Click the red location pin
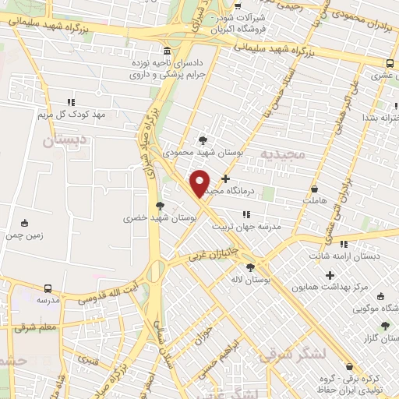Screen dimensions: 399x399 point(200,183)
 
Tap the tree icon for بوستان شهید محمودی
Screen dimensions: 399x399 point(203,140)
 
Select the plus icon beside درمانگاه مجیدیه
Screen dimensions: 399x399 point(226,178)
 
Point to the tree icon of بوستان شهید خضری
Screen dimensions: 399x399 point(160,206)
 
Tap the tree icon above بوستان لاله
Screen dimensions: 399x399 point(250,267)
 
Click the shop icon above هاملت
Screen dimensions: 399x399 point(314,189)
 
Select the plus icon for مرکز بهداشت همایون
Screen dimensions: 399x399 point(330,275)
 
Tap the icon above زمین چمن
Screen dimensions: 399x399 point(25,222)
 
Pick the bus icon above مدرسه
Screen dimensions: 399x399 point(48,288)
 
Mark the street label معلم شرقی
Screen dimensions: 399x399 point(36,327)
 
